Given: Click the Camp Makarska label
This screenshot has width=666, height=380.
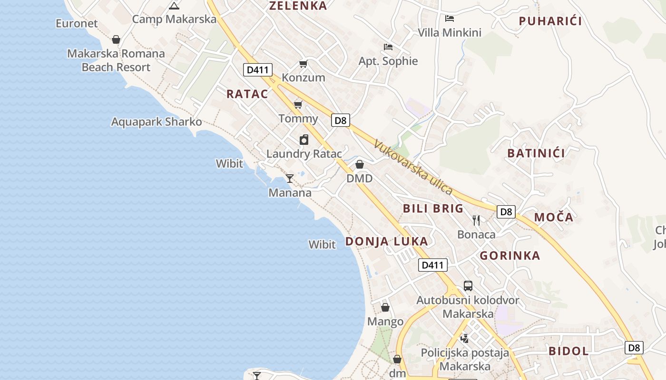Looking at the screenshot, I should [174, 19].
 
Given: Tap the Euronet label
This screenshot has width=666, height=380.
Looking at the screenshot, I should [77, 23].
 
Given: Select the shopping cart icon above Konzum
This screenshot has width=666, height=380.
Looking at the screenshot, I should [303, 64].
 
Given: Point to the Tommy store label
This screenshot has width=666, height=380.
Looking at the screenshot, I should [298, 118].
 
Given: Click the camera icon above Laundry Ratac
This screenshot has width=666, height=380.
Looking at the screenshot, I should [304, 140].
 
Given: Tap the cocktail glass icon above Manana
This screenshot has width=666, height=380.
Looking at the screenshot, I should [289, 179].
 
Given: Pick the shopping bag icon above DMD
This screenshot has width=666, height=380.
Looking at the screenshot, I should [360, 164].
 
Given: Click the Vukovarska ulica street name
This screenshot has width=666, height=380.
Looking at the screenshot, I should [413, 167].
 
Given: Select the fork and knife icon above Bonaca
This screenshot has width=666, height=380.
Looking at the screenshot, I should [476, 220].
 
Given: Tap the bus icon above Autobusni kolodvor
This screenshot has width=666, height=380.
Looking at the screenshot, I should [468, 286].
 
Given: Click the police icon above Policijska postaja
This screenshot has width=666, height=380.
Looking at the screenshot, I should [465, 338].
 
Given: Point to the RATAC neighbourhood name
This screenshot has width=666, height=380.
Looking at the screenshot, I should [247, 94].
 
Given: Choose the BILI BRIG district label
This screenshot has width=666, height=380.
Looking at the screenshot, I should [433, 209].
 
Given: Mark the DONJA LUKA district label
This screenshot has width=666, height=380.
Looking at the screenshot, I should [386, 241].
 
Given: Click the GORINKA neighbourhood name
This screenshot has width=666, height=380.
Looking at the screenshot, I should [510, 256].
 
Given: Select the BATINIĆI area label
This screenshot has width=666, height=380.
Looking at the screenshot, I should [536, 153].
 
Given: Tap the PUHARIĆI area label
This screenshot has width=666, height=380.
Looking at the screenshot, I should [550, 21].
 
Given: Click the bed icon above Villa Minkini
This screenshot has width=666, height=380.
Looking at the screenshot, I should [450, 19].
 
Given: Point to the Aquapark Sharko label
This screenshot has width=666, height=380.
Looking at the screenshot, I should [157, 122].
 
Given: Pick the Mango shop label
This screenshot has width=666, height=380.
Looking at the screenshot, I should [385, 322].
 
